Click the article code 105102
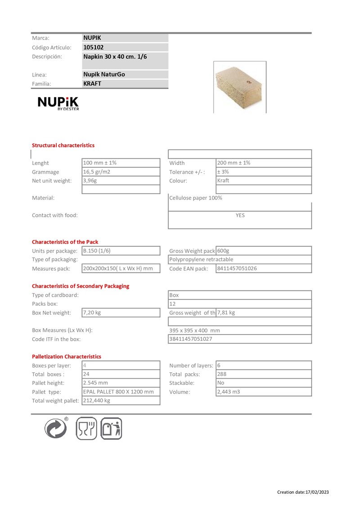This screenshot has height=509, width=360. point(94,47)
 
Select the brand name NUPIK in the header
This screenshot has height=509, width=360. point(92,38)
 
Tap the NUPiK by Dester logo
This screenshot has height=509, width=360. point(58,104)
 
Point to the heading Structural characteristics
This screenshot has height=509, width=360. point(63,145)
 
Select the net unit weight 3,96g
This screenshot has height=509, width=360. point(90,181)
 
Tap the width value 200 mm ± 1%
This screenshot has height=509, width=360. point(234,163)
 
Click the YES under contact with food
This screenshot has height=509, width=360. point(240,215)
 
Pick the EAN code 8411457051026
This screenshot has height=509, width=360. point(237,268)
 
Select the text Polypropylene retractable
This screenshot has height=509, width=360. point(201,259)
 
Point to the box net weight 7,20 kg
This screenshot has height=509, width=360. point(92,313)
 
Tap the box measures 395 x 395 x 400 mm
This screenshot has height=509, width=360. point(194,330)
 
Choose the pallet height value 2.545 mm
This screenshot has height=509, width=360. point(95,383)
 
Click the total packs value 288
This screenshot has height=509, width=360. point(222,374)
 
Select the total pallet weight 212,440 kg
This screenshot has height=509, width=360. point(97,400)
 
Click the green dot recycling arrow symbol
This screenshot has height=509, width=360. point(56,428)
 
